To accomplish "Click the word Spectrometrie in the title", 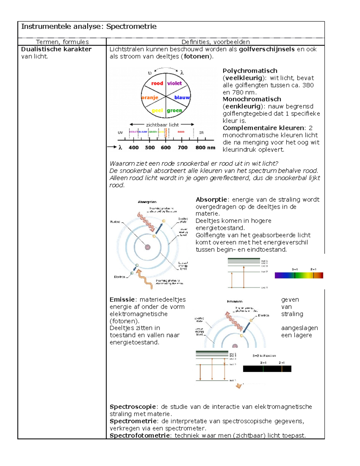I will click(131, 26).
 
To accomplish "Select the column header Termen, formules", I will click(62, 42).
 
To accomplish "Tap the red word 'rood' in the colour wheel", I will click(157, 83).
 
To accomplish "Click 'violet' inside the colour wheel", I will click(174, 83).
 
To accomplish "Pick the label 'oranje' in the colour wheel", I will click(150, 98).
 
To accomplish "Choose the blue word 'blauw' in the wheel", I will click(182, 98).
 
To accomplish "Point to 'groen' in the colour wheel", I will click(174, 110).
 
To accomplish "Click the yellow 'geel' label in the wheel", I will click(157, 110).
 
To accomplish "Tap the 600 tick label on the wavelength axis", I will click(166, 148).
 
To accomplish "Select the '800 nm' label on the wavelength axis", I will click(205, 148).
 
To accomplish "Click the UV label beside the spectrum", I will click(120, 133).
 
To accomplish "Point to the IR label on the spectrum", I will click(202, 133).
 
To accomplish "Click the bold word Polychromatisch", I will click(250, 71).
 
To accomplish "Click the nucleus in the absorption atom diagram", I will click(148, 247).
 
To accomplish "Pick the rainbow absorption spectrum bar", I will click(299, 275).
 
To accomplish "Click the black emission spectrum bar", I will click(267, 369).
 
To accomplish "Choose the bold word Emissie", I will click(122, 299).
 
